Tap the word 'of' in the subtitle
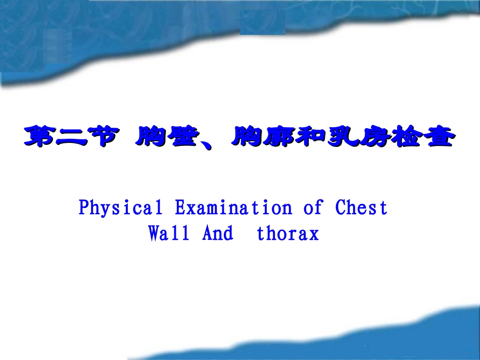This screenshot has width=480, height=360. pyautogui.click(x=314, y=208)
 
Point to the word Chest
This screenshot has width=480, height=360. pyautogui.click(x=361, y=208)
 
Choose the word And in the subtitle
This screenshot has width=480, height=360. pyautogui.click(x=218, y=234)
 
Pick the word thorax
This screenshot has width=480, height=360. pyautogui.click(x=288, y=234)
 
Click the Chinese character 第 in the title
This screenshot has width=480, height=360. pyautogui.click(x=40, y=137)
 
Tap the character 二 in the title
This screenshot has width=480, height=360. pyautogui.click(x=73, y=137)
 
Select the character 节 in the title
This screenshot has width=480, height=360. pyautogui.click(x=105, y=137)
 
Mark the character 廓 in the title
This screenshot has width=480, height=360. pyautogui.click(x=279, y=137)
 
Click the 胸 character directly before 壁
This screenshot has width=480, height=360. pyautogui.click(x=152, y=137)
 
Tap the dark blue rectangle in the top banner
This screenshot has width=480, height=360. pyautogui.click(x=262, y=23)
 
